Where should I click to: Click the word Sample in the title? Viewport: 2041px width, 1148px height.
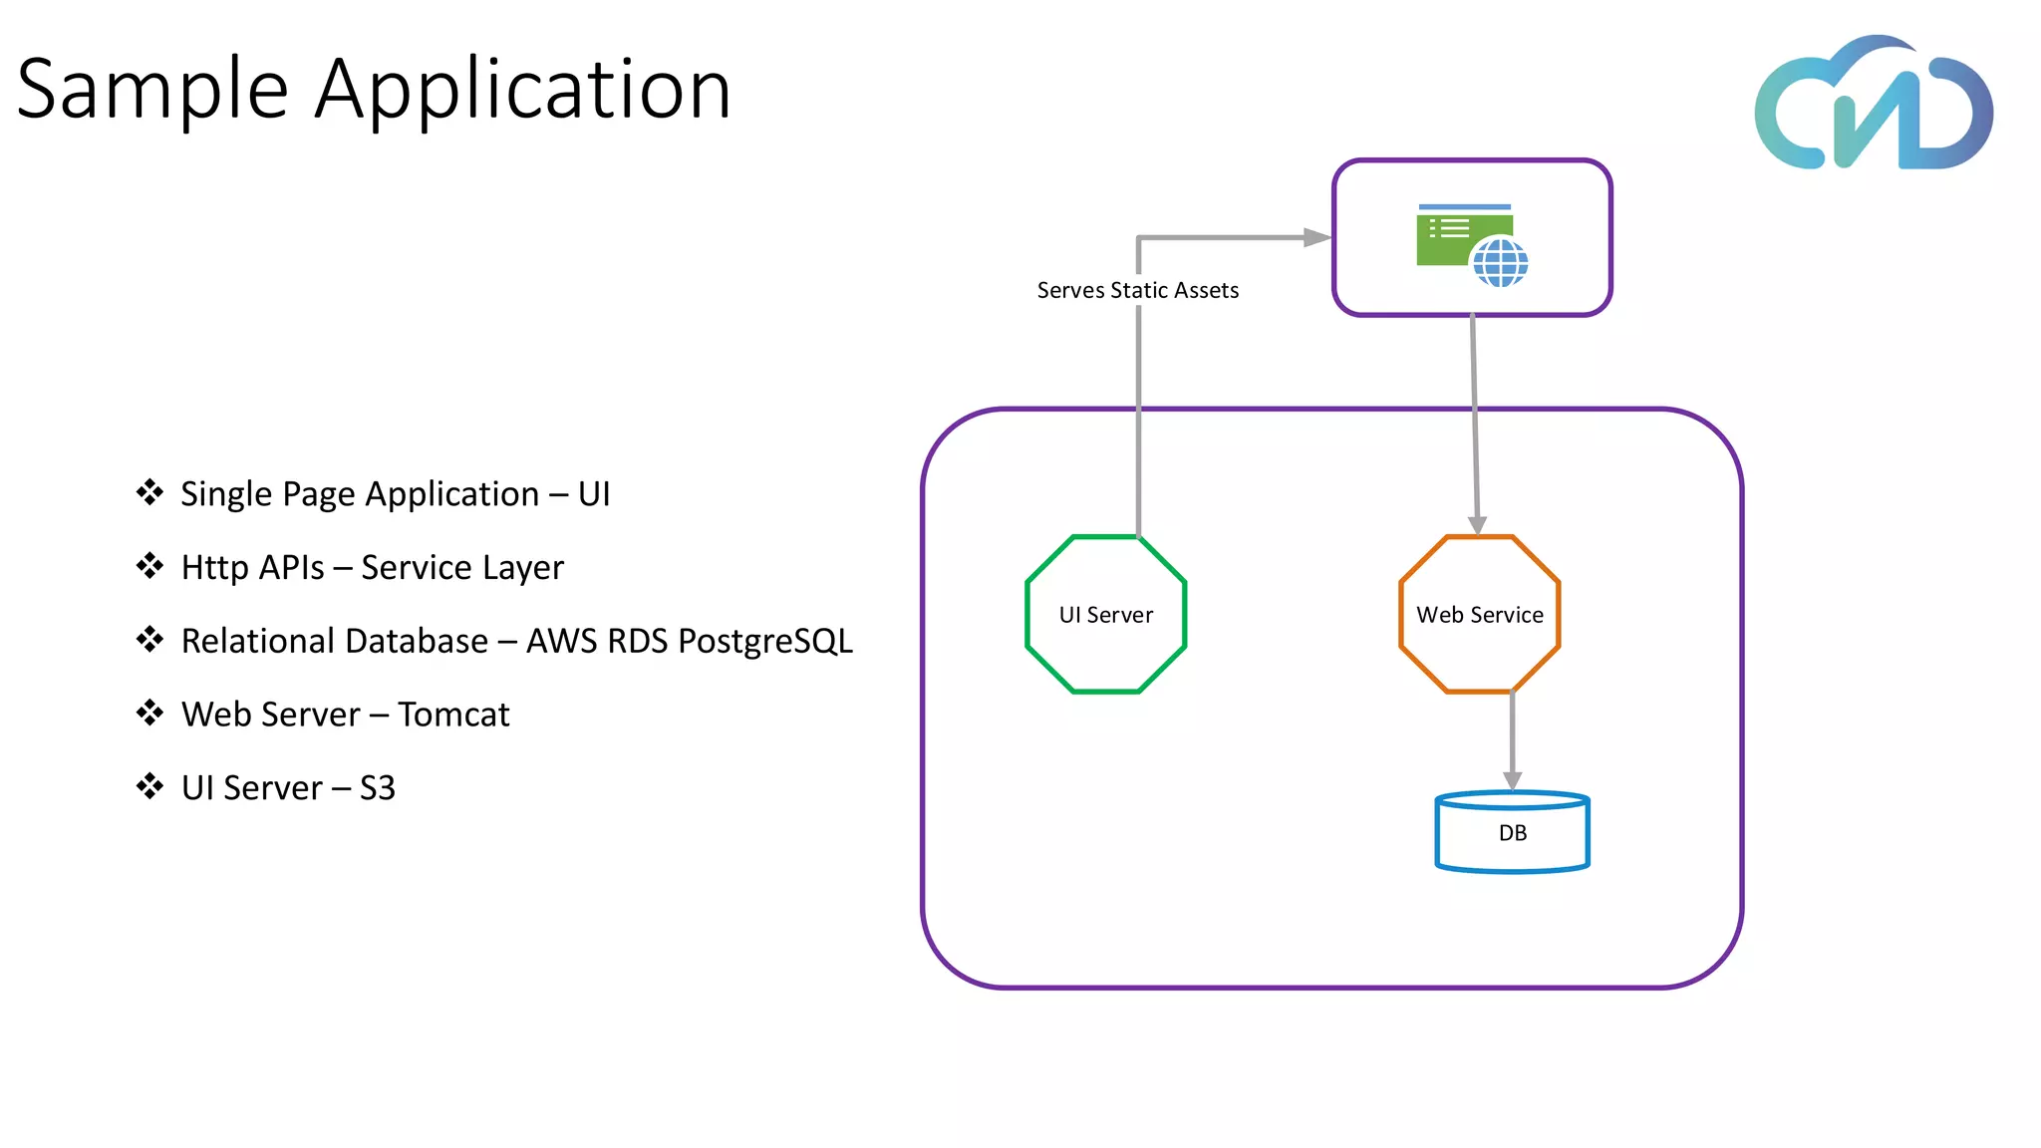(152, 90)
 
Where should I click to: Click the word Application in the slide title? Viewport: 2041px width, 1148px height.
(523, 90)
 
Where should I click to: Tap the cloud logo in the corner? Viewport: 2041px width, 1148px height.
(1874, 105)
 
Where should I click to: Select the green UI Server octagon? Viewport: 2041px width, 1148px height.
(1105, 614)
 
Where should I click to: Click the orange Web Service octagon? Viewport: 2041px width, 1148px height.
(1480, 614)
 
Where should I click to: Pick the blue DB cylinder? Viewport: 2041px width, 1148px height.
(1512, 833)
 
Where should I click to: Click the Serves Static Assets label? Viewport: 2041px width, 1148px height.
(1137, 290)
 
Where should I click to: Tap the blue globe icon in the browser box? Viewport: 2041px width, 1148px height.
(1500, 262)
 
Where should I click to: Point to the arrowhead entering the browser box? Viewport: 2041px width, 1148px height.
(1317, 237)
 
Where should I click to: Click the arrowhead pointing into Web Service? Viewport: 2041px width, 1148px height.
(1477, 524)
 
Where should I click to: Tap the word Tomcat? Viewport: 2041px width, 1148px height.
(453, 715)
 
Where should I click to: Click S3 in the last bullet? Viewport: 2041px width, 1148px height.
(377, 788)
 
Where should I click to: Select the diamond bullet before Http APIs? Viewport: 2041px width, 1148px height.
(149, 566)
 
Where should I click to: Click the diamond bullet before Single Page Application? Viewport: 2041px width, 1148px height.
(149, 492)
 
